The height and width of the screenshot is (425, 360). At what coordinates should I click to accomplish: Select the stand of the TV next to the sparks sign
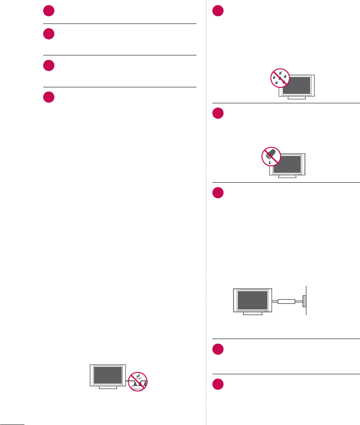point(108,388)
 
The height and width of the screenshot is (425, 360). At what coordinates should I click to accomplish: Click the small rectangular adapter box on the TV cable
point(286,302)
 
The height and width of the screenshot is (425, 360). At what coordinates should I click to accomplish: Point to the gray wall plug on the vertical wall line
point(304,300)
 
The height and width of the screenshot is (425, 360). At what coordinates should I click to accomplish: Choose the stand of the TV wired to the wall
point(252,314)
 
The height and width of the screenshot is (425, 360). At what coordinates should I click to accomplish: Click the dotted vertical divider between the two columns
point(206,235)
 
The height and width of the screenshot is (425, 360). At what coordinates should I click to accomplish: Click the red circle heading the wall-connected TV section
point(218,193)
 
